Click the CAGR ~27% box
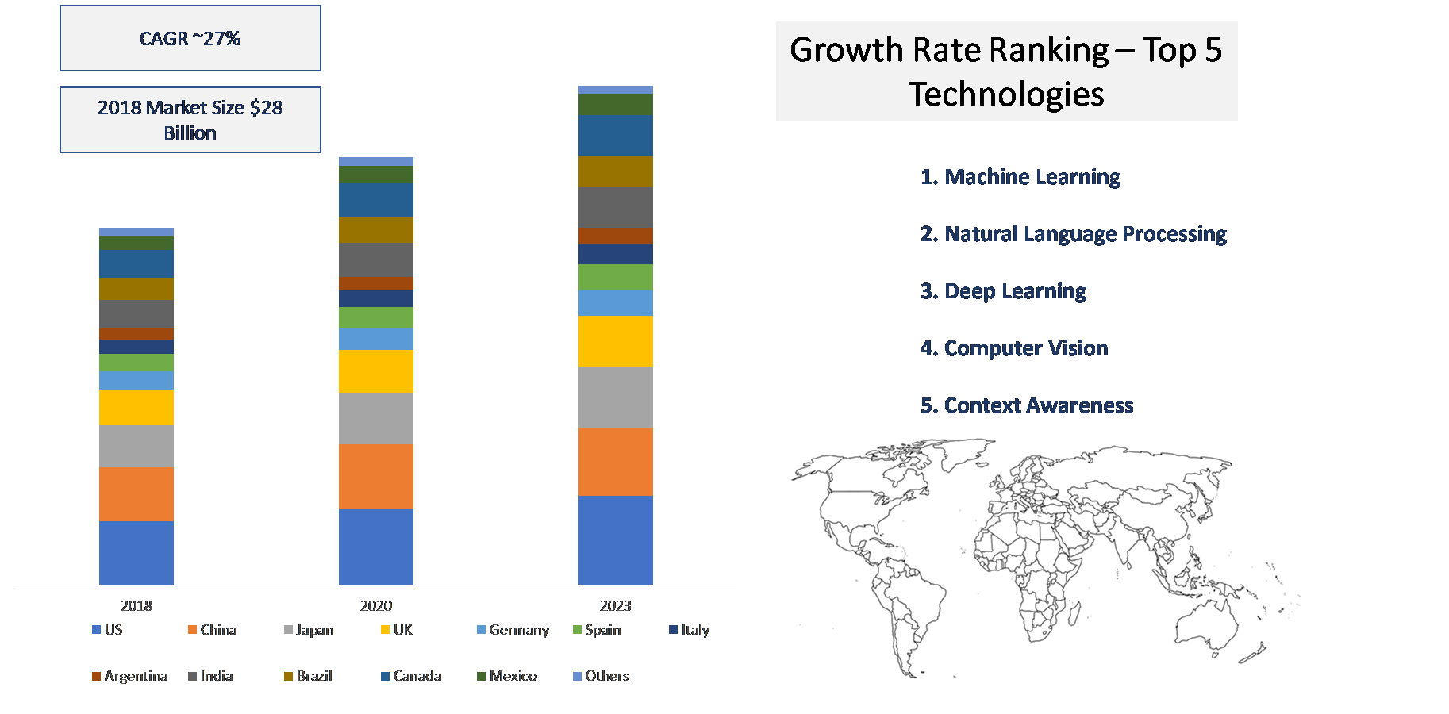pos(190,38)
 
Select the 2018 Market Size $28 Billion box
pos(190,120)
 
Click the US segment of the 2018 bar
pos(136,552)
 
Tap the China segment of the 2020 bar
pos(376,476)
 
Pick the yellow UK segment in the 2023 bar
pos(616,340)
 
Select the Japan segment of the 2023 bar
pos(616,397)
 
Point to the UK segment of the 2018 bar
pos(136,407)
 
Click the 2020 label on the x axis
pos(376,606)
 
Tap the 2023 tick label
pos(616,606)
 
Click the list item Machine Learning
pos(1020,177)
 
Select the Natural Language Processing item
pos(1074,234)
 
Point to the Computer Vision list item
pos(1014,348)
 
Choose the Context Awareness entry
pos(1027,405)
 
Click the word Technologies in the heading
pos(1006,94)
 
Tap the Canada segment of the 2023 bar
pos(616,136)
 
